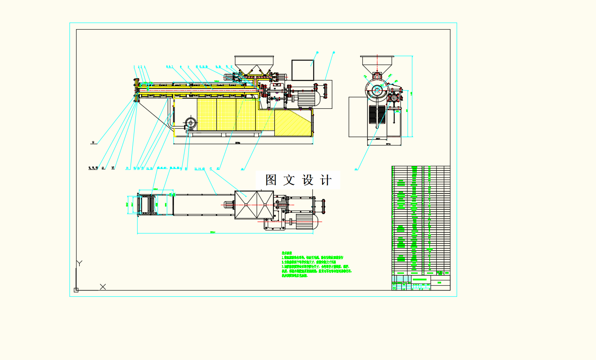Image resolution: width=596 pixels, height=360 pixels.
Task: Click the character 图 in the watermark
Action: tap(271, 180)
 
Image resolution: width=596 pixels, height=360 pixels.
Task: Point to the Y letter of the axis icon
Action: tap(79, 263)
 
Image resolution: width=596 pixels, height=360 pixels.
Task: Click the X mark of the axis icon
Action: tap(103, 287)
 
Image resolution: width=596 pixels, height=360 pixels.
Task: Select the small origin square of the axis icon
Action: tap(76, 290)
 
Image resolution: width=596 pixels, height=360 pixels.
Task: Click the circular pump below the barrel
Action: tap(191, 123)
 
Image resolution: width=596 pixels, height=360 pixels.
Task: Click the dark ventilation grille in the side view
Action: tap(377, 114)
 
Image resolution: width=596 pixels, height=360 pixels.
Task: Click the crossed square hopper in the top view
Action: tap(254, 204)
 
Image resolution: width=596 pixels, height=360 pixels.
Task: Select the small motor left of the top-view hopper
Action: tap(229, 204)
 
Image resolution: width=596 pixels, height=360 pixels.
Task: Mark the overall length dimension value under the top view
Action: tap(212, 232)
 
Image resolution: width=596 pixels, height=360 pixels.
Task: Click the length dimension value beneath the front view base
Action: tap(238, 143)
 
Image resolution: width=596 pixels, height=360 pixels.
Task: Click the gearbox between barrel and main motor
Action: tap(276, 94)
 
